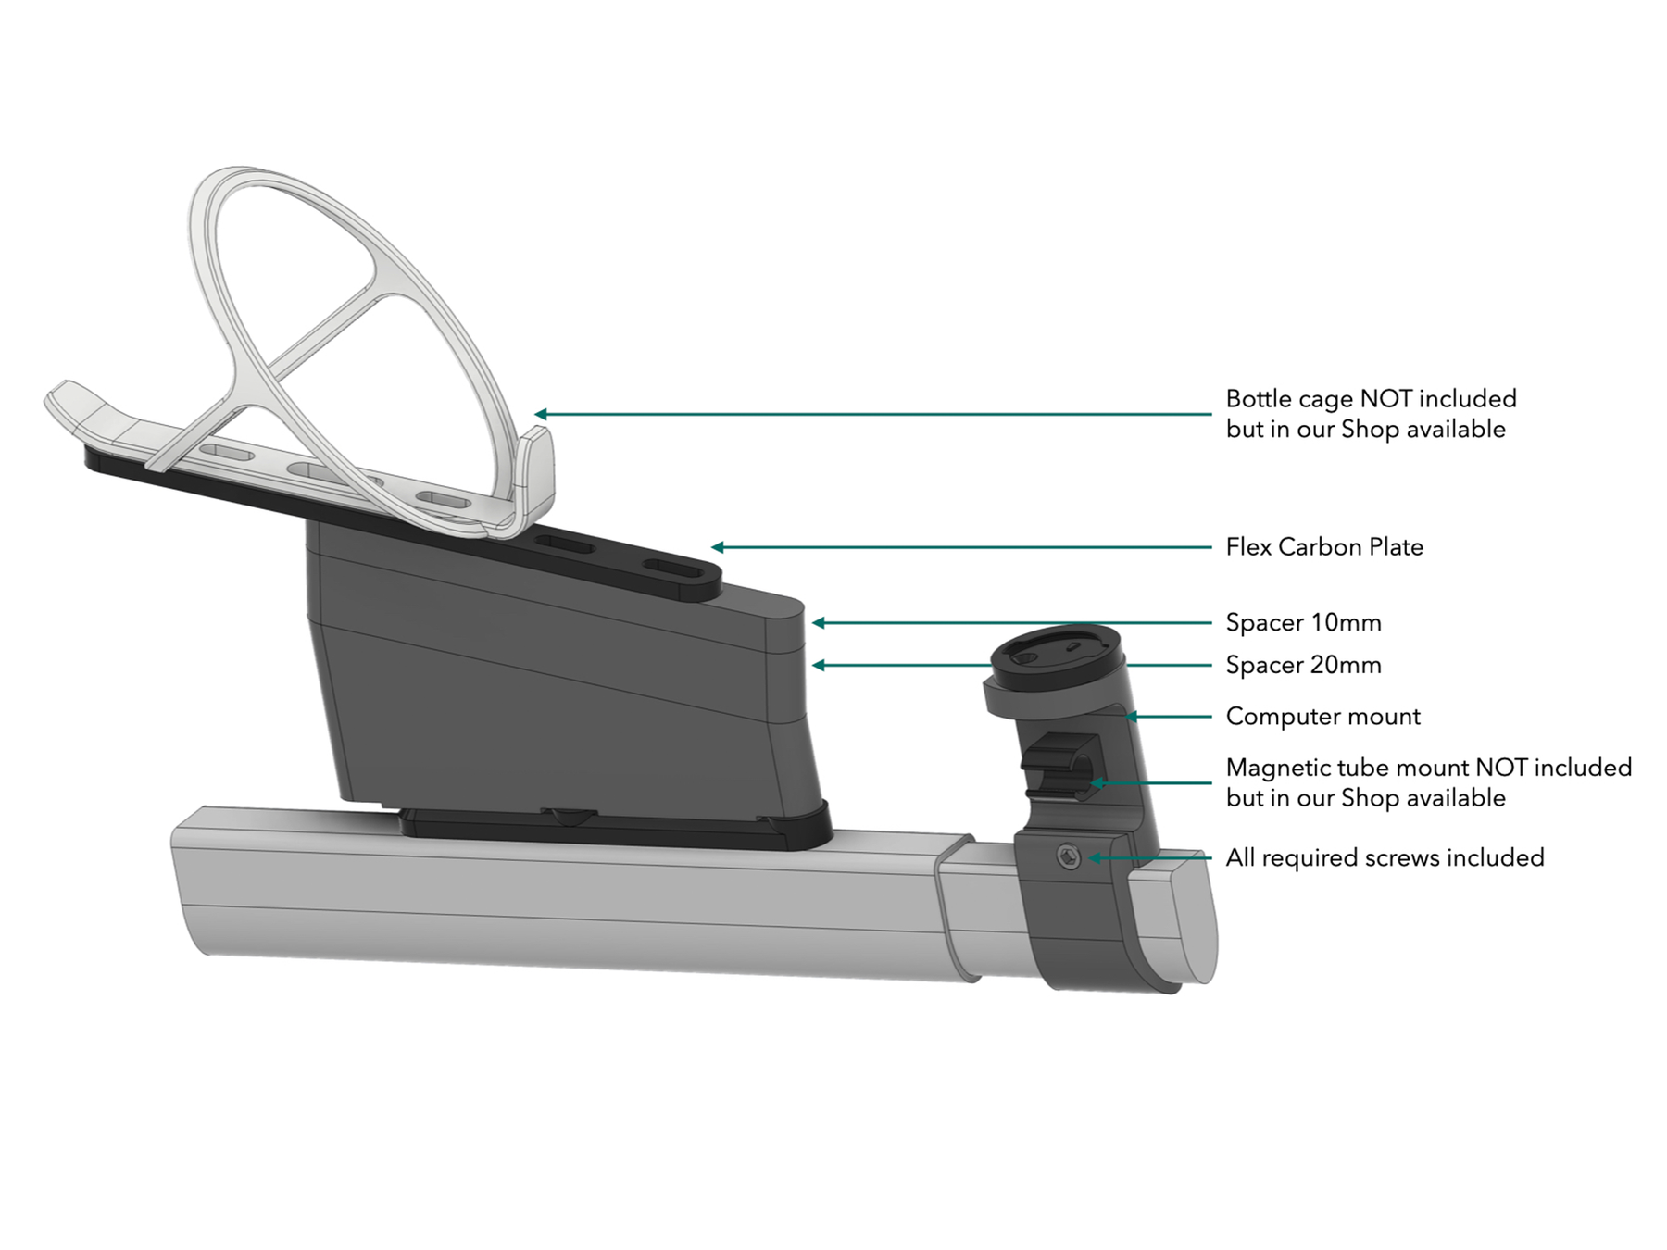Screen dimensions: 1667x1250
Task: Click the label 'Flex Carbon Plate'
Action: pyautogui.click(x=1323, y=547)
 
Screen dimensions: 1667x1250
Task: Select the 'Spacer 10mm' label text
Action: pyautogui.click(x=1303, y=623)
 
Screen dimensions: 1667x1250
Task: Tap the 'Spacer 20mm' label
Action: pyautogui.click(x=1303, y=665)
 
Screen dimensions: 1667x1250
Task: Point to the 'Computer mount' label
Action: pyautogui.click(x=1322, y=717)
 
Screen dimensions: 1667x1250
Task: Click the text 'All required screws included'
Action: pyautogui.click(x=1385, y=857)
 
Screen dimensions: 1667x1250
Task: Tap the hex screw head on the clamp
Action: pyautogui.click(x=1069, y=858)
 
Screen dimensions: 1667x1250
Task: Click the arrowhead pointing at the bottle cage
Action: pyautogui.click(x=541, y=414)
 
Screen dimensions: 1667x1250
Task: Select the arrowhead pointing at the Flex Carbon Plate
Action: pyautogui.click(x=718, y=547)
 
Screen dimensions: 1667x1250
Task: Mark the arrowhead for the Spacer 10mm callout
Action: pyautogui.click(x=819, y=623)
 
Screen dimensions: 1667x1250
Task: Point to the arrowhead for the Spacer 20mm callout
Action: pyautogui.click(x=819, y=665)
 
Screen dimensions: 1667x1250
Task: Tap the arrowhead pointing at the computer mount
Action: pyautogui.click(x=1132, y=717)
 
